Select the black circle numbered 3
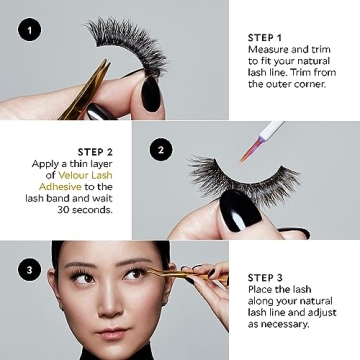pyautogui.click(x=30, y=268)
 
